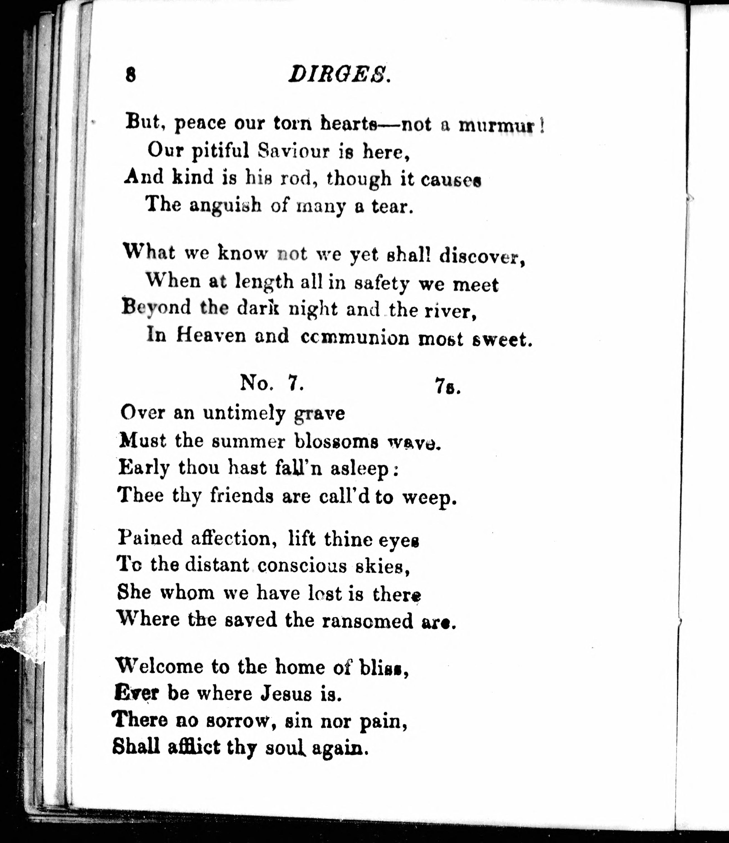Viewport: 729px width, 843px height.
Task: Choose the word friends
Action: coord(241,496)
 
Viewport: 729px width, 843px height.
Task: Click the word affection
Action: coord(231,539)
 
